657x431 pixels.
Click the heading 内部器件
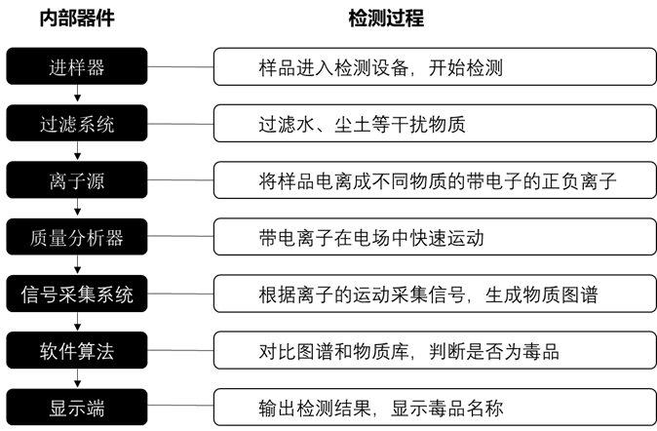[x=77, y=19]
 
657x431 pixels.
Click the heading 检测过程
[x=386, y=19]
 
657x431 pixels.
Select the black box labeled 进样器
[x=77, y=66]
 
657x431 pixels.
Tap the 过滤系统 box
[x=77, y=123]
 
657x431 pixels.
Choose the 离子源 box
[x=77, y=179]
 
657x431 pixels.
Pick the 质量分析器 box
[x=77, y=236]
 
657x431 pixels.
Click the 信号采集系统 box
[x=77, y=294]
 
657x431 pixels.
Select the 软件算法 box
[x=77, y=350]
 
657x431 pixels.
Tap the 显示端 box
[x=77, y=407]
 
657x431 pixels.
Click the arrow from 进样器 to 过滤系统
[x=77, y=93]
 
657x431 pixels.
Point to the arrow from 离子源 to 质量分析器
[x=77, y=207]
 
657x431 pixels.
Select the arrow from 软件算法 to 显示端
[x=77, y=377]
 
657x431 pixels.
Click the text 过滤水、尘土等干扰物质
[x=362, y=125]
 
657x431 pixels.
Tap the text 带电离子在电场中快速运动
[x=371, y=238]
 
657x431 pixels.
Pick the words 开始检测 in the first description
[x=466, y=68]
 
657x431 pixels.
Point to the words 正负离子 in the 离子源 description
[x=579, y=181]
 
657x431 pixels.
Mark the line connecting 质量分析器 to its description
[x=180, y=236]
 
